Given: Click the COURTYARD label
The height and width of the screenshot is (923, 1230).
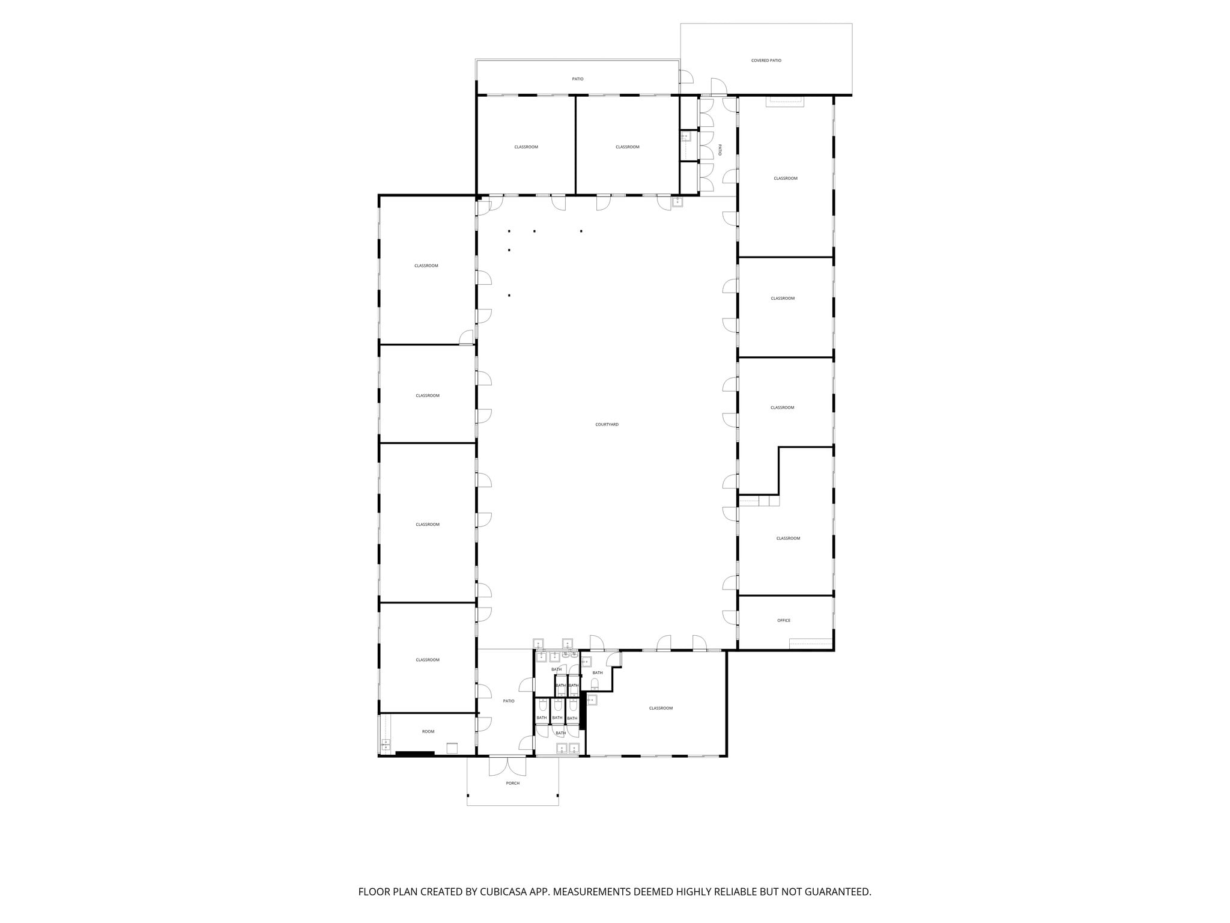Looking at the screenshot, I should point(607,425).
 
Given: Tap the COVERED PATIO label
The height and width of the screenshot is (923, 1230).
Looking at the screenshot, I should point(766,61).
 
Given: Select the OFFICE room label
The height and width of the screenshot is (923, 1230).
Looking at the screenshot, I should point(784,620).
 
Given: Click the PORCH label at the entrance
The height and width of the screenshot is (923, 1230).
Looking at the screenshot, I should point(512,783).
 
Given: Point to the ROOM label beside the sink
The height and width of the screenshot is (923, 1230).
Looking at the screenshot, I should point(428,731).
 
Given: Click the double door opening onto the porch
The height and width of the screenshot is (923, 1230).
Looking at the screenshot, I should point(507,764).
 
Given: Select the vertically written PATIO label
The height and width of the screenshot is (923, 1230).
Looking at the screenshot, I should point(720,150).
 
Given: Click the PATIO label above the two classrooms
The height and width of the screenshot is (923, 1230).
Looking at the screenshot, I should point(577,79).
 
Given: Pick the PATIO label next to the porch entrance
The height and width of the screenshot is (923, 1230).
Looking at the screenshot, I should point(509,701).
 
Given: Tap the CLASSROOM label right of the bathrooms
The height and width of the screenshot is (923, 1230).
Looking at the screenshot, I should point(661,708).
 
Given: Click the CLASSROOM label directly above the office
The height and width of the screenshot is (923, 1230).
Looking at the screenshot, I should point(787,538).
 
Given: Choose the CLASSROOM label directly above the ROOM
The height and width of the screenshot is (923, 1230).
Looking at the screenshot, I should point(428,660).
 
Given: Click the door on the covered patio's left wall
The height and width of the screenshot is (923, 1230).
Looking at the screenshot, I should point(686,76).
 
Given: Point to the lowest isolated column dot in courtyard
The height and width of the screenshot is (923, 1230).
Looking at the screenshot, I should point(509,295).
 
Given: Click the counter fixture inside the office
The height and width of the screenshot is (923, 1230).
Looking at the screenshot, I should point(810,642).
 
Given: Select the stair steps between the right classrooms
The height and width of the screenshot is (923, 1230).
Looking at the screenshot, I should point(759,501).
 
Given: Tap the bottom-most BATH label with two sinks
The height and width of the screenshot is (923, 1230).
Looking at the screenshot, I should point(560,733).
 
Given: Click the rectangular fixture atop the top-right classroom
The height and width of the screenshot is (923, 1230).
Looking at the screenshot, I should point(784,102).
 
